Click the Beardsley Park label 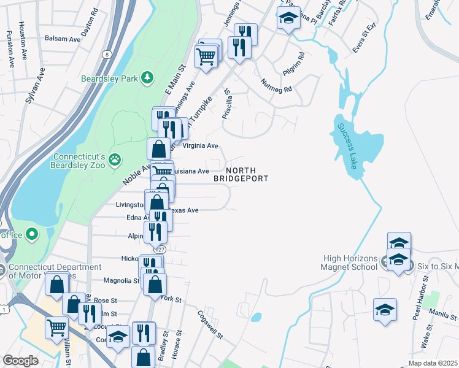109,78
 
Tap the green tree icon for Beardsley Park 147,77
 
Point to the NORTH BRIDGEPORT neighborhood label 241,174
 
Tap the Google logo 21,360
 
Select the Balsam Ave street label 63,38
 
